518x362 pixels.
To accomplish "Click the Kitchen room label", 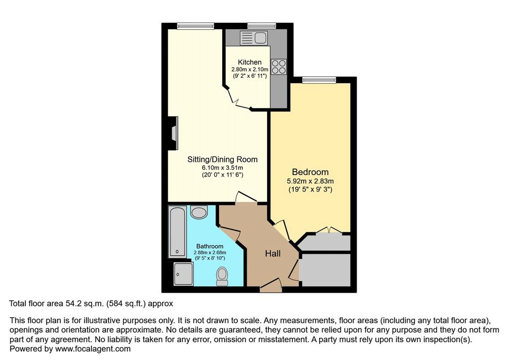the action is click(x=249, y=62).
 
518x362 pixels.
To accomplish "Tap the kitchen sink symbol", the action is click(x=254, y=37).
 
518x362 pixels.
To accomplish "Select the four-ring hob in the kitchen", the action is click(x=279, y=67).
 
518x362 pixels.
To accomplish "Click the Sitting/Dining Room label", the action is click(x=223, y=159).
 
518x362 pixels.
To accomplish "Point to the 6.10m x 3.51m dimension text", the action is click(x=223, y=168).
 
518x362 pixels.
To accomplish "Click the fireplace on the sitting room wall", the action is click(x=173, y=133).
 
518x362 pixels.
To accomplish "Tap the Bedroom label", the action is click(x=310, y=172).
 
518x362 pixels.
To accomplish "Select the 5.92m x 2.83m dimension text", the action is click(x=310, y=181).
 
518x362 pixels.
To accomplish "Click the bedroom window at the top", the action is click(x=319, y=79).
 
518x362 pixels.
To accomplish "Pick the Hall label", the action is click(x=273, y=253).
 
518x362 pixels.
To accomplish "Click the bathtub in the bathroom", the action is click(x=178, y=231).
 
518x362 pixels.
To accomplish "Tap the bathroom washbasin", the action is click(x=199, y=212).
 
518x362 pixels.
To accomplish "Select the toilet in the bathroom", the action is click(x=222, y=277).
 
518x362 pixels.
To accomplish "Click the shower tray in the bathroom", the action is click(x=183, y=274).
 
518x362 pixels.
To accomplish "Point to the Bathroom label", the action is click(x=210, y=246).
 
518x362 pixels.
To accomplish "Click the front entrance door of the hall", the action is click(x=271, y=285).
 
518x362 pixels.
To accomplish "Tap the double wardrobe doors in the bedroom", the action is click(x=328, y=230).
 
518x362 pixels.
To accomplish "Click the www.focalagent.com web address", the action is click(x=93, y=349).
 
